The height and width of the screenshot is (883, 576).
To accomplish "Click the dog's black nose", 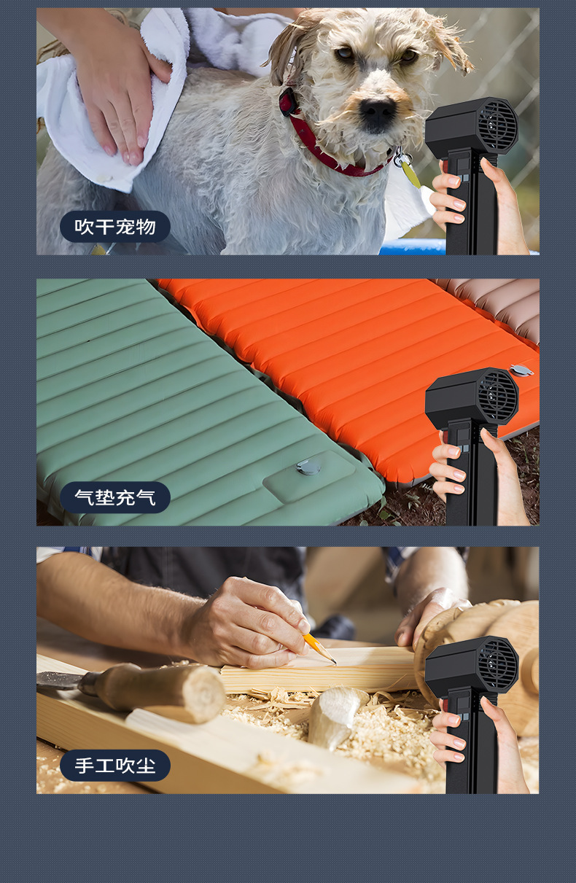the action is [377, 109].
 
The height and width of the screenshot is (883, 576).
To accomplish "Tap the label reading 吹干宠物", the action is [115, 227].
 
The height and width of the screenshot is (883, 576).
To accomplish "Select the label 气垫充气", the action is [115, 497].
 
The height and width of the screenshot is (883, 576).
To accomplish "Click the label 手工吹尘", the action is [115, 766].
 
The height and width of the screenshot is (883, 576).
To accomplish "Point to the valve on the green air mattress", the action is [308, 467].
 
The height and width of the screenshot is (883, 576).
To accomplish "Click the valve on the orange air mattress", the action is [521, 370].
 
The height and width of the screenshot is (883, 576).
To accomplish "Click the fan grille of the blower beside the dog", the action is [497, 125].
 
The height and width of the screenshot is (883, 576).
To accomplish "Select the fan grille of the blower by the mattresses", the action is [497, 396].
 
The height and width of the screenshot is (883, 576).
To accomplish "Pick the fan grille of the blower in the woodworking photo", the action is [497, 664].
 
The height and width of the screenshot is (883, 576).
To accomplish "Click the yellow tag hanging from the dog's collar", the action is [410, 174].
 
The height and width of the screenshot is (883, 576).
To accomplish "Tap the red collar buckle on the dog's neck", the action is [288, 101].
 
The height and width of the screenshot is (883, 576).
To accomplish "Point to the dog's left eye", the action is [409, 55].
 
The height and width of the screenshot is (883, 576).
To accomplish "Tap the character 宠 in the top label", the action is [125, 227].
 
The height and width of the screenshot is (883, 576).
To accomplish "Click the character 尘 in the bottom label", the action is [146, 766].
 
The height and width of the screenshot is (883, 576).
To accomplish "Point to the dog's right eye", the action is [345, 52].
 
